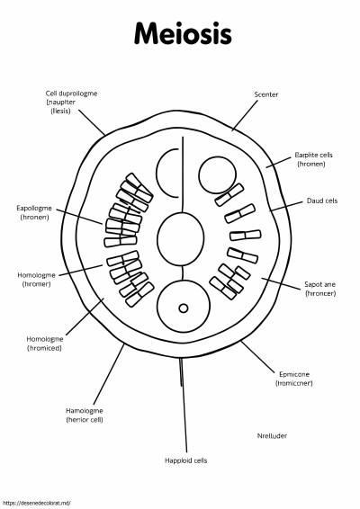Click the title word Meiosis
click(x=183, y=34)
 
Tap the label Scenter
click(x=266, y=94)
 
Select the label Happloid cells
click(x=185, y=460)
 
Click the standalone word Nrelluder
click(x=272, y=435)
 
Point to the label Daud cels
click(x=322, y=201)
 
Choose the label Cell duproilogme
click(x=71, y=94)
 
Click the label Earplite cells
click(x=313, y=155)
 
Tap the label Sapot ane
click(x=319, y=284)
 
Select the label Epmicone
click(x=294, y=374)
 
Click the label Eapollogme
click(x=34, y=208)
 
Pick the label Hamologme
click(x=85, y=411)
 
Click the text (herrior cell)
click(x=85, y=420)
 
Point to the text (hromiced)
click(x=44, y=348)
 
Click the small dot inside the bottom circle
click(x=184, y=308)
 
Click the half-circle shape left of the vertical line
click(x=157, y=173)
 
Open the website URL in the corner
click(x=36, y=503)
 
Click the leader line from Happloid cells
click(x=184, y=405)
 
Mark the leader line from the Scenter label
click(x=245, y=115)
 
